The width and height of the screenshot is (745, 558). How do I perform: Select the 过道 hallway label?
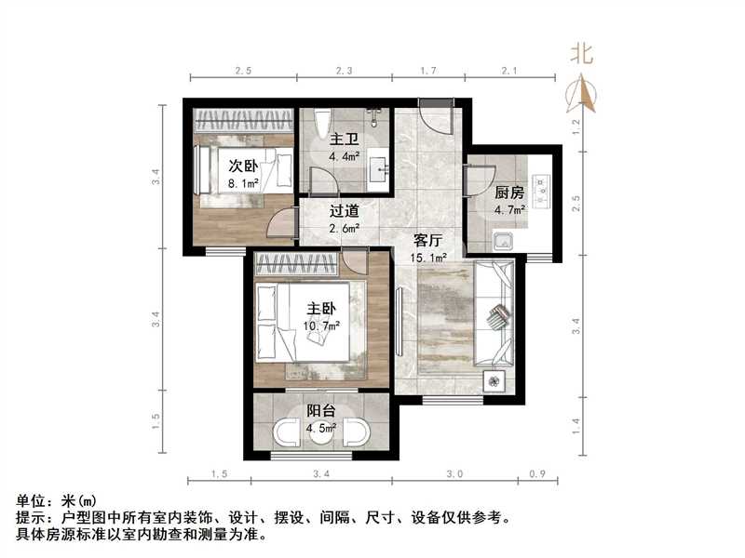[345, 210]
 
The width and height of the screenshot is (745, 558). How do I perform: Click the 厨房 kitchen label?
[508, 193]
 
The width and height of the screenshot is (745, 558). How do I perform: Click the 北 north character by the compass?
[582, 53]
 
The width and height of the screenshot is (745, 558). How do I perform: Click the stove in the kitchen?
[541, 192]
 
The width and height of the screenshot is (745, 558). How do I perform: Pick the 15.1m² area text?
[430, 258]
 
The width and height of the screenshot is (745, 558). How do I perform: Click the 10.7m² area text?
[321, 325]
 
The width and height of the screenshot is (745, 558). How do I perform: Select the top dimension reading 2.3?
[344, 70]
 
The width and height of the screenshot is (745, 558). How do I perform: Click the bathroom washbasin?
[379, 168]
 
